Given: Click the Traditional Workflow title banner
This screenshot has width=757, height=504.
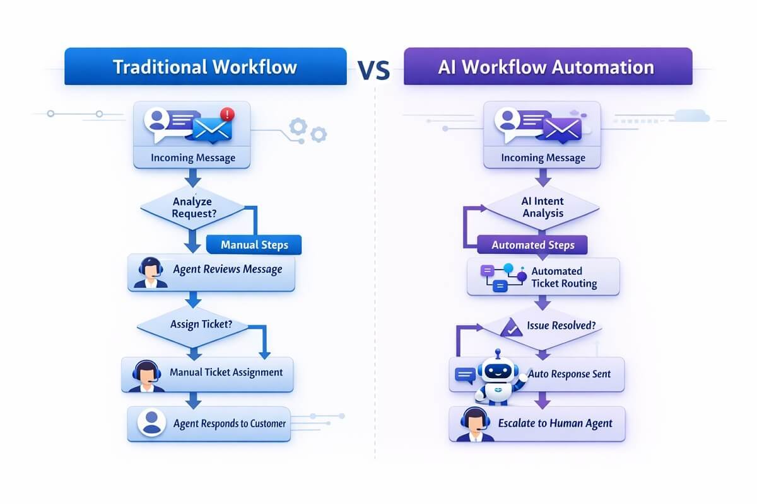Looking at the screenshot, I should (205, 67).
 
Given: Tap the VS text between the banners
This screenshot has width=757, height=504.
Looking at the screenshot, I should (374, 71).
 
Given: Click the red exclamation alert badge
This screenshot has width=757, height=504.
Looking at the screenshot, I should (228, 115).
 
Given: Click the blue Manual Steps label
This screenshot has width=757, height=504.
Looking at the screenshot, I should (254, 245).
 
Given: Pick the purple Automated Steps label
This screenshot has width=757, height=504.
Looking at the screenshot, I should (532, 245).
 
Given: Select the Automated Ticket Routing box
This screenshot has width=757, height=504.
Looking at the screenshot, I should (543, 277).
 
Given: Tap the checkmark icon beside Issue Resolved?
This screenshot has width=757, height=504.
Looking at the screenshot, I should (510, 327).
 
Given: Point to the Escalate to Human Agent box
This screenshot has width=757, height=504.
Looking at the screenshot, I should (537, 423).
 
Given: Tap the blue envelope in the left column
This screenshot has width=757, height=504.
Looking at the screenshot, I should (212, 130).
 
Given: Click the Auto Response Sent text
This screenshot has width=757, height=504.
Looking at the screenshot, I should (569, 374).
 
